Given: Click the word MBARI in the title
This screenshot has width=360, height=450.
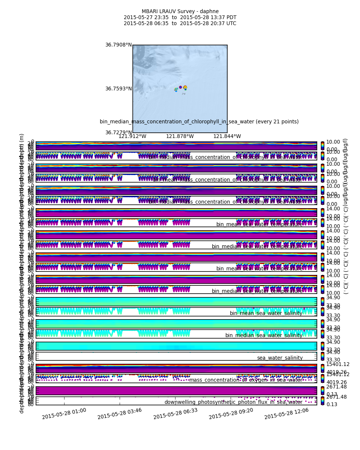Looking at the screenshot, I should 149,12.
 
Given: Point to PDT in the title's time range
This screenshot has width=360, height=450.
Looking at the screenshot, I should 231,18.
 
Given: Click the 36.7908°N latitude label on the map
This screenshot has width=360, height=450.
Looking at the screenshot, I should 118,45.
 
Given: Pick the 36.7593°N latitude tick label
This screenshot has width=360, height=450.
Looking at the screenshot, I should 118,89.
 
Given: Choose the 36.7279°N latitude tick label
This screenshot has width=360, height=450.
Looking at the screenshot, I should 118,133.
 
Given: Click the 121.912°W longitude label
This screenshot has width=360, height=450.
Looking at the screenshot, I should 132,136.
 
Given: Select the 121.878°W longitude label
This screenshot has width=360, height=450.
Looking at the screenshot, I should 180,136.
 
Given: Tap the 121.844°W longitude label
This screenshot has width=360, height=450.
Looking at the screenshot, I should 227,136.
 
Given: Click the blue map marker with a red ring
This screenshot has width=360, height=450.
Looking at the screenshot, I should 180,87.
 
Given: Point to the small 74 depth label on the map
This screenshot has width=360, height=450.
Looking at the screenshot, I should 183,94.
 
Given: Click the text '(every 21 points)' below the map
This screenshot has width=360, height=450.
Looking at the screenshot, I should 278,122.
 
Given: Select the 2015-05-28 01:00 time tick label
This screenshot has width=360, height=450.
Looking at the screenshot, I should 64,414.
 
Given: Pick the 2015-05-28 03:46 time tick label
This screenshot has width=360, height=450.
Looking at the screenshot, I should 120,414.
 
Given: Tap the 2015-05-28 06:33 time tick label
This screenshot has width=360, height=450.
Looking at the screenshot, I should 175,414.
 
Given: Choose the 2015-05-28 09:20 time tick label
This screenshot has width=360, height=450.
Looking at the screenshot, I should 231,414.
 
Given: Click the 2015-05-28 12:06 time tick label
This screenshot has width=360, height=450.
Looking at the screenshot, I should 286,414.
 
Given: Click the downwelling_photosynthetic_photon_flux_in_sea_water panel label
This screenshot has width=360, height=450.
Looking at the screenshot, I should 233,402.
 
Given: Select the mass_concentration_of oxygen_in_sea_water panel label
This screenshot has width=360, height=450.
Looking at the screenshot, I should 246,380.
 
